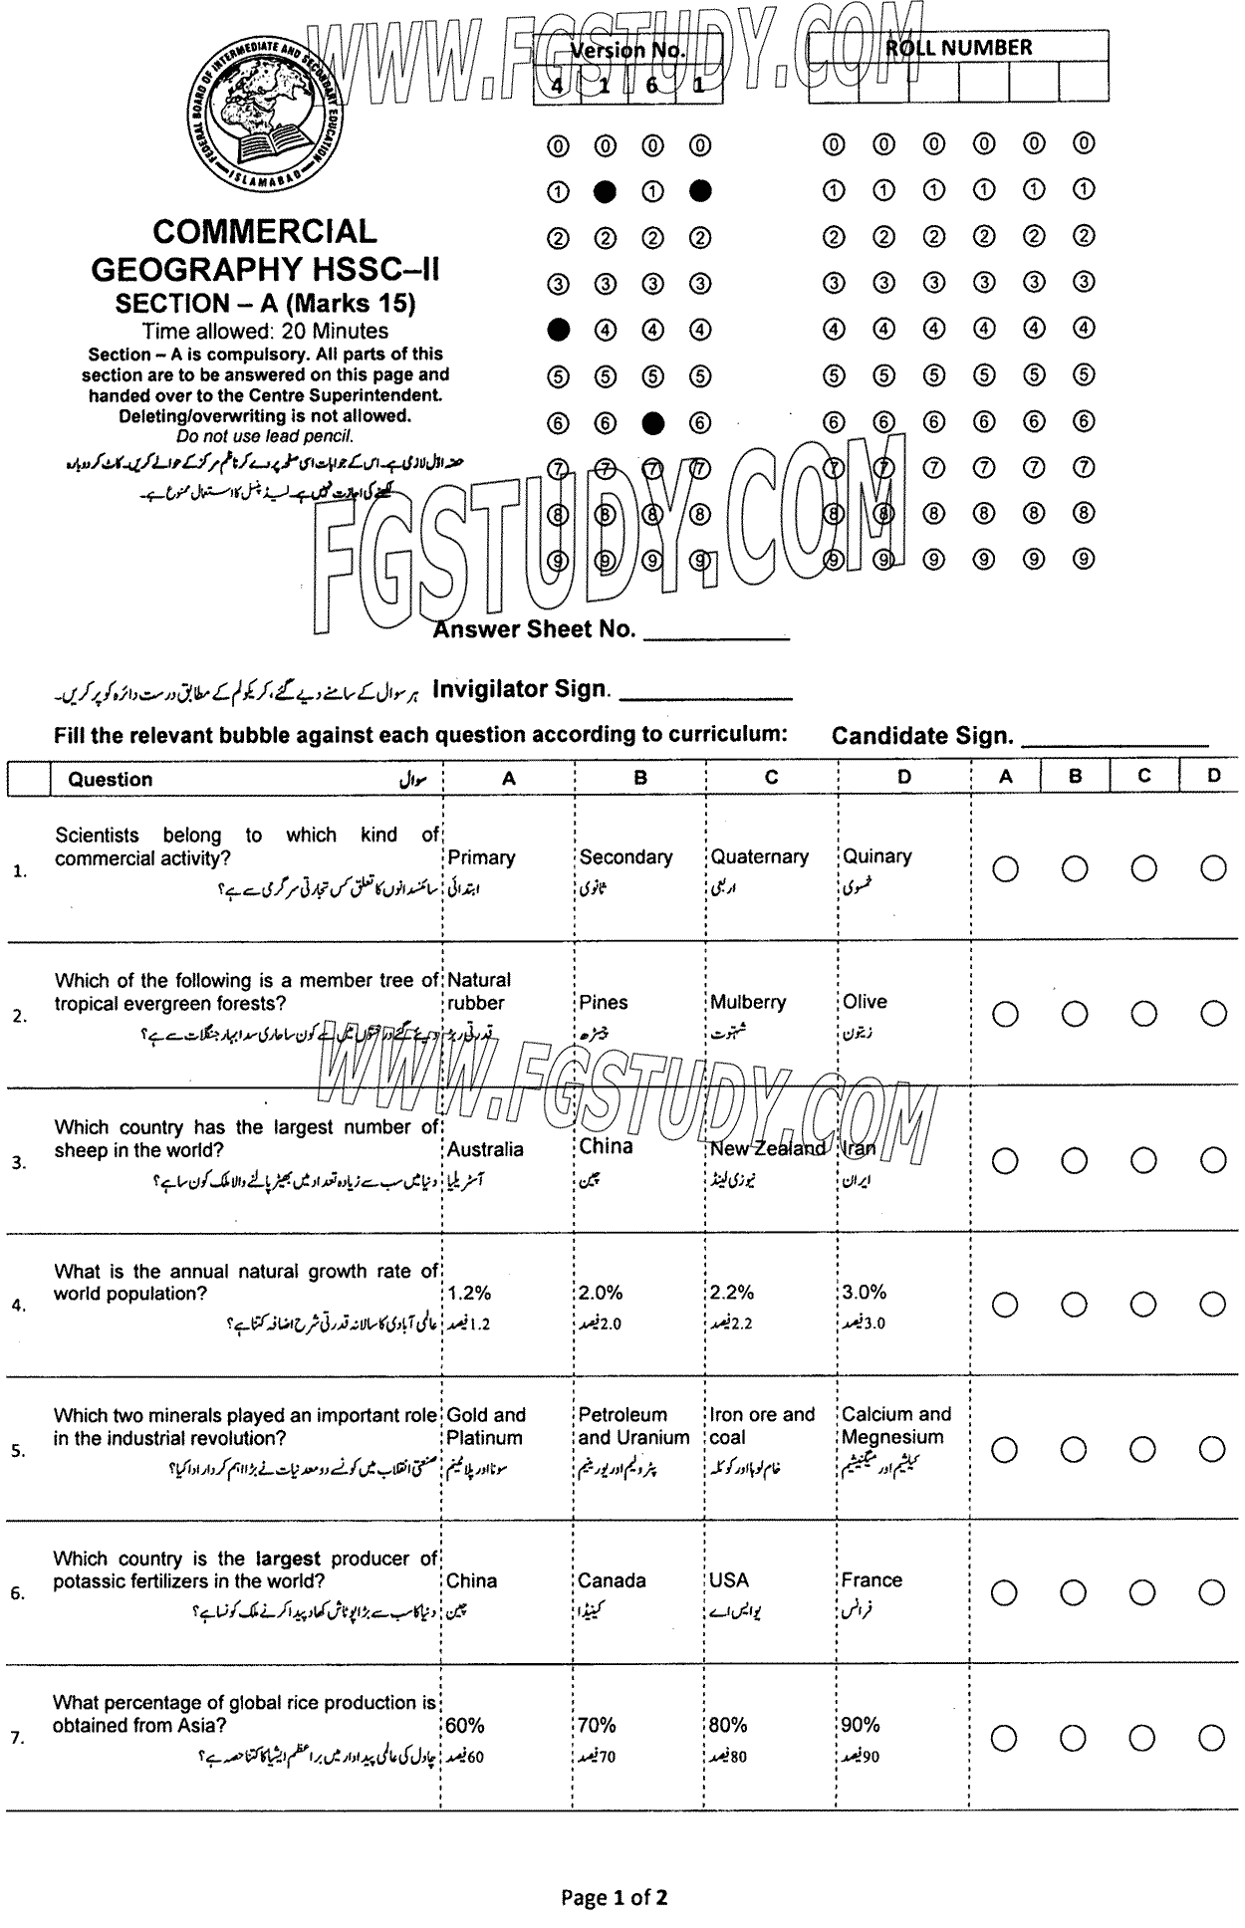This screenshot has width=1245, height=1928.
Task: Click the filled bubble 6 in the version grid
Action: (652, 423)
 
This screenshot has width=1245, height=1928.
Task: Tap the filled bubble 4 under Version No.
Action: (559, 329)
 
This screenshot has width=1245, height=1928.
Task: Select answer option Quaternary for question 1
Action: (759, 857)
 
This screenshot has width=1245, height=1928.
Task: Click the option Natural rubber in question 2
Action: (478, 992)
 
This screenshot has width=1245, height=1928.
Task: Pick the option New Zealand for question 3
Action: (767, 1148)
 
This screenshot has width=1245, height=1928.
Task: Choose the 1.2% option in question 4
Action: (469, 1293)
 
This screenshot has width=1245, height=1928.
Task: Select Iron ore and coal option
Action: (762, 1426)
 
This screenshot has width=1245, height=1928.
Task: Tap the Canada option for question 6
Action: (612, 1580)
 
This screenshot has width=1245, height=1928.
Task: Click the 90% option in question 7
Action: (861, 1725)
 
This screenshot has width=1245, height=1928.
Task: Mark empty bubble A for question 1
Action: (1005, 869)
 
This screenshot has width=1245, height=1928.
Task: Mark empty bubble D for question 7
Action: (1212, 1739)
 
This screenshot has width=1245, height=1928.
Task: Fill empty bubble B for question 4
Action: (1074, 1305)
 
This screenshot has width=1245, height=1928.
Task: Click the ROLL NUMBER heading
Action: (958, 48)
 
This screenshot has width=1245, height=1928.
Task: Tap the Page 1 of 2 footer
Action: (614, 1897)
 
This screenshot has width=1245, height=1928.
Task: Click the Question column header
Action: (111, 780)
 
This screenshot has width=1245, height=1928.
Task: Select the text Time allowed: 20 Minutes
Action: (265, 331)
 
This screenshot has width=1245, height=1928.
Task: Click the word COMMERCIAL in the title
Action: (264, 232)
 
